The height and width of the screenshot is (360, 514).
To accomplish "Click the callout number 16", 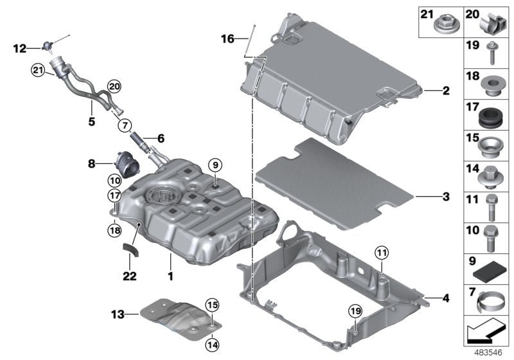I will tap(227, 39).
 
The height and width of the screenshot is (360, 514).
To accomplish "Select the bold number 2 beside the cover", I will tap(445, 91).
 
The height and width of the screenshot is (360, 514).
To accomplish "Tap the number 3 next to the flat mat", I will tap(445, 195).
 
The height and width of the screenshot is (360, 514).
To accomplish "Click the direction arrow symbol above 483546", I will tap(486, 333).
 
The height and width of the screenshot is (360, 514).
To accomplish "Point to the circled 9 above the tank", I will tap(214, 163).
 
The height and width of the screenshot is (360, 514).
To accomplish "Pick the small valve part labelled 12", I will tap(46, 46).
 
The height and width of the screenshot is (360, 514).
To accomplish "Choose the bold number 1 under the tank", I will tap(170, 276).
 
